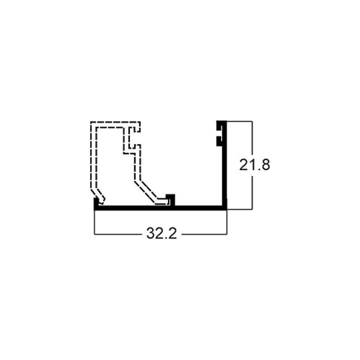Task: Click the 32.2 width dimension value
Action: click(x=162, y=234)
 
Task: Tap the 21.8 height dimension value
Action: click(x=254, y=165)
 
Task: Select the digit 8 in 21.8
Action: click(x=265, y=165)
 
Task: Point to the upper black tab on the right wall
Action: click(x=219, y=126)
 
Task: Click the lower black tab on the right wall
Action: click(x=219, y=141)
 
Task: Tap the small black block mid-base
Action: click(x=171, y=200)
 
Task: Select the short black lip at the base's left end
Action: click(x=96, y=203)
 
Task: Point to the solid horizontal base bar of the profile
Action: click(x=160, y=208)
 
